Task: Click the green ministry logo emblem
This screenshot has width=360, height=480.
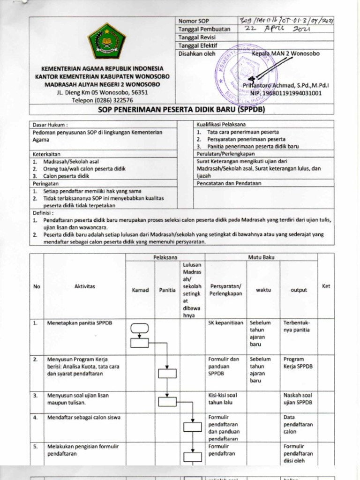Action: coord(107,41)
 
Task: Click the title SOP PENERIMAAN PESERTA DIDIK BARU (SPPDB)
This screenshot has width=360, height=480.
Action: coord(182,110)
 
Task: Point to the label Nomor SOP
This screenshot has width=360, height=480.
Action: coord(194,21)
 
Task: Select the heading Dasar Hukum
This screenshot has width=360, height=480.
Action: coord(50,125)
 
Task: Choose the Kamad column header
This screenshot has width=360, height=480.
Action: coord(140,290)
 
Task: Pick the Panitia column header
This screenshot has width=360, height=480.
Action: coord(167,290)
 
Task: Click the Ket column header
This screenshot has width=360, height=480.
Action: coord(326,286)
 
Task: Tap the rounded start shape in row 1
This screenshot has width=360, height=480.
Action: coord(140,328)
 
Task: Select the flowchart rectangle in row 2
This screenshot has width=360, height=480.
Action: coord(167,373)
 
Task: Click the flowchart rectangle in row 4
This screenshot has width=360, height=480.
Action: coord(192,427)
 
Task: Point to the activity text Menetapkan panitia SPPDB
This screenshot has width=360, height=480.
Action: coord(80,323)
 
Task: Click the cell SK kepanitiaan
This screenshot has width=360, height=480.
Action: coord(226,323)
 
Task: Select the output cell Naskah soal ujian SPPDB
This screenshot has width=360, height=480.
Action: coord(298,399)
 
